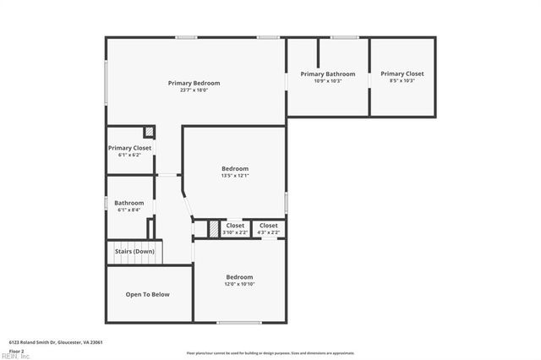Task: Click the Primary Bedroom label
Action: [194, 83]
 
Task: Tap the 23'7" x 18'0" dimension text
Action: [194, 90]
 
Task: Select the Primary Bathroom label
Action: [328, 74]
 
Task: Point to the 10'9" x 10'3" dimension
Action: [328, 81]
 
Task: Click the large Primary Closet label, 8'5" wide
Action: [402, 74]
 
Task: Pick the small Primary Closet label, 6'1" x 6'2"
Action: [130, 148]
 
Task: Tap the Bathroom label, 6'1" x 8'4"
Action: [129, 203]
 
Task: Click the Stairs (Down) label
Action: [134, 251]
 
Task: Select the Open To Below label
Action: [148, 294]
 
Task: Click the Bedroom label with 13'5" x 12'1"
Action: [235, 168]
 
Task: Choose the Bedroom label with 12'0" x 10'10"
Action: [239, 277]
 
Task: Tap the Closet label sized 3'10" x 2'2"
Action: [235, 226]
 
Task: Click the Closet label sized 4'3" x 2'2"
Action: [269, 226]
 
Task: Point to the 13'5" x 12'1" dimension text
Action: [235, 176]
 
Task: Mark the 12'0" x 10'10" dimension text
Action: [239, 285]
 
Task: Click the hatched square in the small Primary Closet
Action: [149, 132]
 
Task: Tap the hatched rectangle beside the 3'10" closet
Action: [214, 228]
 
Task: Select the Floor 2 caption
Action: [16, 350]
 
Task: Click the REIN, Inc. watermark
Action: [15, 356]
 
